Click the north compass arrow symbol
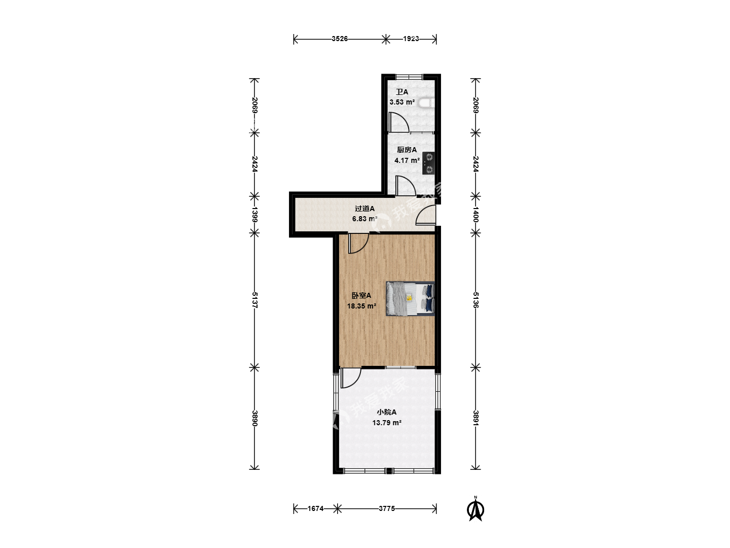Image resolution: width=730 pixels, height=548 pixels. tap(475, 509)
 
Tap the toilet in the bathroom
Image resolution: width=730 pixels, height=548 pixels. tap(426, 103)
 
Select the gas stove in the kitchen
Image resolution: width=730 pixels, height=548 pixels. tap(428, 163)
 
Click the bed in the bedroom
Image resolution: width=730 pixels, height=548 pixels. tap(410, 298)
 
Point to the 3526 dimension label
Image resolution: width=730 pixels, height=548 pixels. tap(340, 39)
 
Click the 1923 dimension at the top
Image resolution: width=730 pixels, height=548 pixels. tap(411, 39)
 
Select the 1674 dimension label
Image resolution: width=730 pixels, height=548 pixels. tap(315, 508)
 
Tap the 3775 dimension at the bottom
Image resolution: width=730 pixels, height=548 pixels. tap(387, 508)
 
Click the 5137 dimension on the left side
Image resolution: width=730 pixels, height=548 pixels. tap(255, 300)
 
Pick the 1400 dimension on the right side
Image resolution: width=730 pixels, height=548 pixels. tap(476, 214)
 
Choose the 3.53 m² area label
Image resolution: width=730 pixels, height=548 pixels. tap(402, 102)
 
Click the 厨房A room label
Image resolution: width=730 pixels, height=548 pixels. tap(407, 150)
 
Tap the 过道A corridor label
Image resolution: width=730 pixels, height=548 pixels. tap(364, 209)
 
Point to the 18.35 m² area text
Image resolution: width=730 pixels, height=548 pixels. tap(362, 306)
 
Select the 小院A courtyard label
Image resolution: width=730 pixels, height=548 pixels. tap(386, 412)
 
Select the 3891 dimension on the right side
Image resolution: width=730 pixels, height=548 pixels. tap(476, 418)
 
